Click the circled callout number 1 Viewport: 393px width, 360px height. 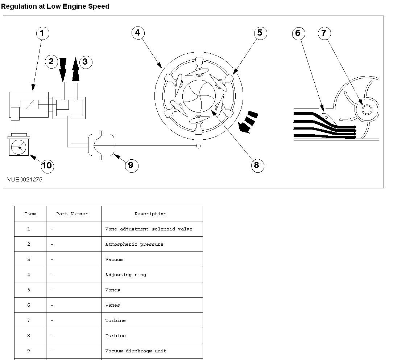pyautogui.click(x=42, y=33)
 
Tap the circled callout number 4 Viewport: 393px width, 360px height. pyautogui.click(x=137, y=33)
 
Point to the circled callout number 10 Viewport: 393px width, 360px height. pyautogui.click(x=47, y=166)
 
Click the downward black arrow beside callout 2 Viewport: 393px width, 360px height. pyautogui.click(x=63, y=69)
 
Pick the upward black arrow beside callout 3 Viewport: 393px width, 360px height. pyautogui.click(x=75, y=70)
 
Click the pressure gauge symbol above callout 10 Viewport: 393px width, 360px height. pyautogui.click(x=18, y=147)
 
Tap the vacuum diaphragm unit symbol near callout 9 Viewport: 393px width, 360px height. pyautogui.click(x=101, y=145)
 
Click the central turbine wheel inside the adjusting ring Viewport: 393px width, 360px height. pyautogui.click(x=199, y=96)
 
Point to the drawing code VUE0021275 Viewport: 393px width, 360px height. pyautogui.click(x=25, y=180)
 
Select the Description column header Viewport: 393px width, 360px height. pyautogui.click(x=150, y=214)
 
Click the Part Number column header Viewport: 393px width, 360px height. pyautogui.click(x=72, y=214)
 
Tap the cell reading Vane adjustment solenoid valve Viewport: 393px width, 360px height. pyautogui.click(x=149, y=229)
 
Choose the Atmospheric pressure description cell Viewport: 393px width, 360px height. pyautogui.click(x=134, y=244)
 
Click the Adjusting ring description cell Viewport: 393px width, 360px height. pyautogui.click(x=126, y=275)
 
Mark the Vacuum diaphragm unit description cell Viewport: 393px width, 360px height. pyautogui.click(x=136, y=351)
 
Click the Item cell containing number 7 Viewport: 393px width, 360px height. pyautogui.click(x=29, y=320)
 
